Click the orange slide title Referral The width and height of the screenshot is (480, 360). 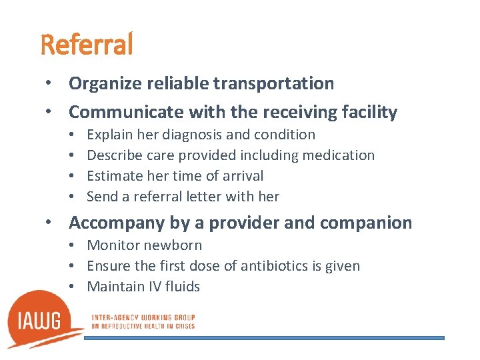[87, 45]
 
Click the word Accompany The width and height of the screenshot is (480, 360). [116, 223]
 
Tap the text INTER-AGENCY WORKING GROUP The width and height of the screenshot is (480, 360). [142, 317]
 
